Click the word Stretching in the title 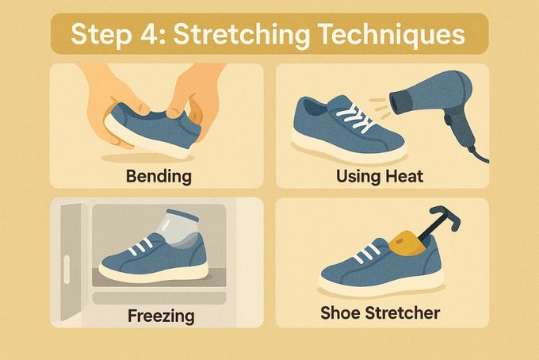click(x=241, y=35)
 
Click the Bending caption click(x=159, y=176)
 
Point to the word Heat click(x=404, y=176)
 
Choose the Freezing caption click(x=161, y=316)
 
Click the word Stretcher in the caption click(x=402, y=313)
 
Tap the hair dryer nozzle click(x=399, y=101)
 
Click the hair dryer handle click(x=460, y=127)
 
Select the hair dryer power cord click(x=479, y=154)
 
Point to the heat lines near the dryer click(x=380, y=106)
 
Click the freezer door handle click(x=67, y=270)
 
